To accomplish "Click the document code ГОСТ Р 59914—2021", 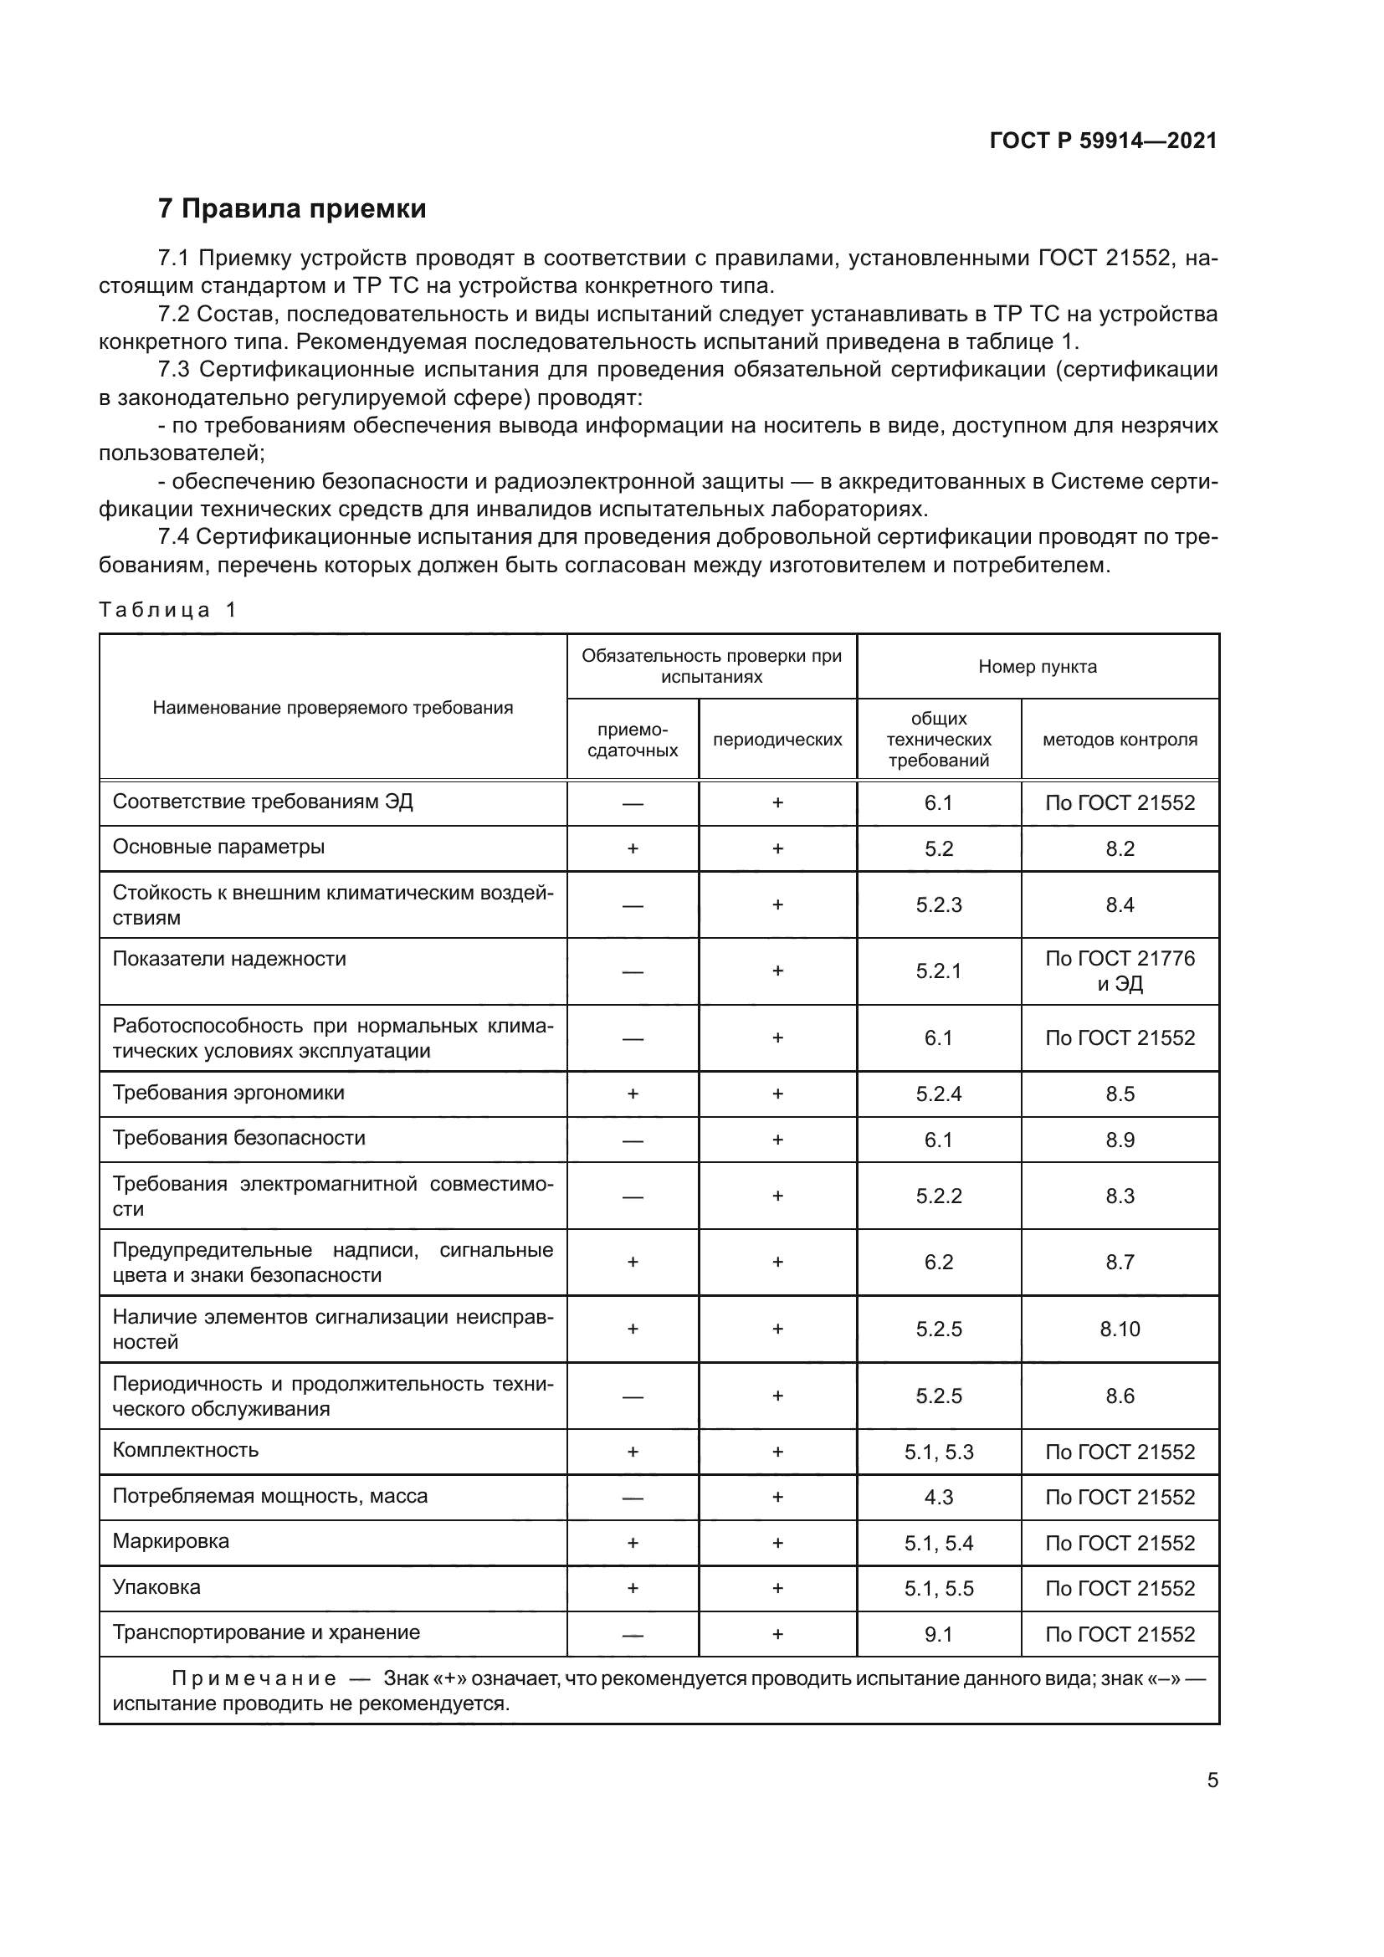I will point(1103,141).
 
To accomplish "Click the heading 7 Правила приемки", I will point(292,209).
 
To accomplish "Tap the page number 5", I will point(1212,1780).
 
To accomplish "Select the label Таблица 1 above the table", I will point(167,609).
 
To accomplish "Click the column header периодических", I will point(777,740).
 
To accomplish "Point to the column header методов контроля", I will point(1119,740).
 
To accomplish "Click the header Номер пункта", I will point(1037,667).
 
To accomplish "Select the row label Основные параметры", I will point(218,848).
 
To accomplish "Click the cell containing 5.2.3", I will point(938,905).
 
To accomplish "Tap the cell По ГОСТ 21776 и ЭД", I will point(1119,971).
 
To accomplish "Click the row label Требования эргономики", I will point(228,1093).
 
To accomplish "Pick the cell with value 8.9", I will point(1119,1140).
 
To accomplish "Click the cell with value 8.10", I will point(1119,1329).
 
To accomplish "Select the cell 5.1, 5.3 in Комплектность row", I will point(938,1452).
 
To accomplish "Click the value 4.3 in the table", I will point(938,1497).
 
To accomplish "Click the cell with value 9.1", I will point(938,1634).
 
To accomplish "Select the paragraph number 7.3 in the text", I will point(176,370).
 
